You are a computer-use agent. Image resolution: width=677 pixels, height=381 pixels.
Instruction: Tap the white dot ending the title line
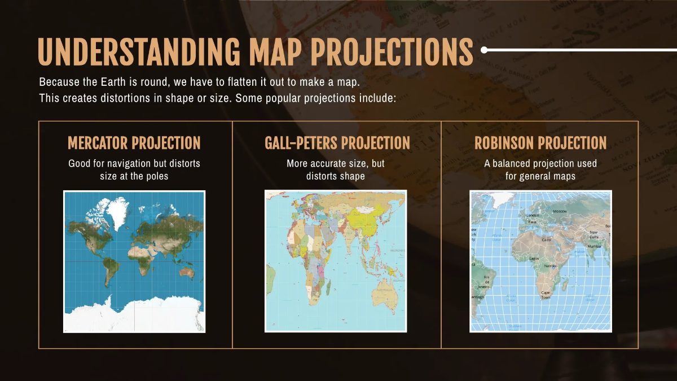click(484, 50)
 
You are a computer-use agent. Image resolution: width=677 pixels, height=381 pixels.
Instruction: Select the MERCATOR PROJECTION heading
click(134, 143)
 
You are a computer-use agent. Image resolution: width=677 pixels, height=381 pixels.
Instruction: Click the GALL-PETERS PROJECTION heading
click(337, 143)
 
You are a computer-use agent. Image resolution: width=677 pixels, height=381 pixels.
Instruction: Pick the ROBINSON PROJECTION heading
click(540, 143)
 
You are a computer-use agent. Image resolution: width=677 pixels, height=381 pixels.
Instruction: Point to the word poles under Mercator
click(156, 176)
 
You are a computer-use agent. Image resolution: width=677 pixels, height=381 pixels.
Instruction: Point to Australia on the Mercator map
click(184, 274)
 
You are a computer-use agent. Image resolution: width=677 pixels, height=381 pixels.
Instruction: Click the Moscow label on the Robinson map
click(560, 211)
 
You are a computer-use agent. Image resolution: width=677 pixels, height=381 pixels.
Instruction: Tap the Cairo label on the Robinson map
click(546, 240)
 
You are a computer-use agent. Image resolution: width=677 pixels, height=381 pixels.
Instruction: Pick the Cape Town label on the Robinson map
click(546, 295)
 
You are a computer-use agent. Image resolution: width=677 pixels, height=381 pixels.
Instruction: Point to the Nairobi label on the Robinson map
click(550, 265)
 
